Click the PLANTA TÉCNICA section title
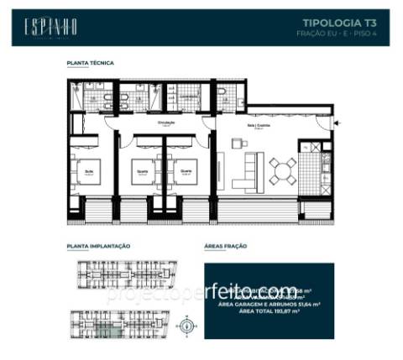point(90,63)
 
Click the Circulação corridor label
point(165,123)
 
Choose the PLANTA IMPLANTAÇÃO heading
point(98,247)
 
